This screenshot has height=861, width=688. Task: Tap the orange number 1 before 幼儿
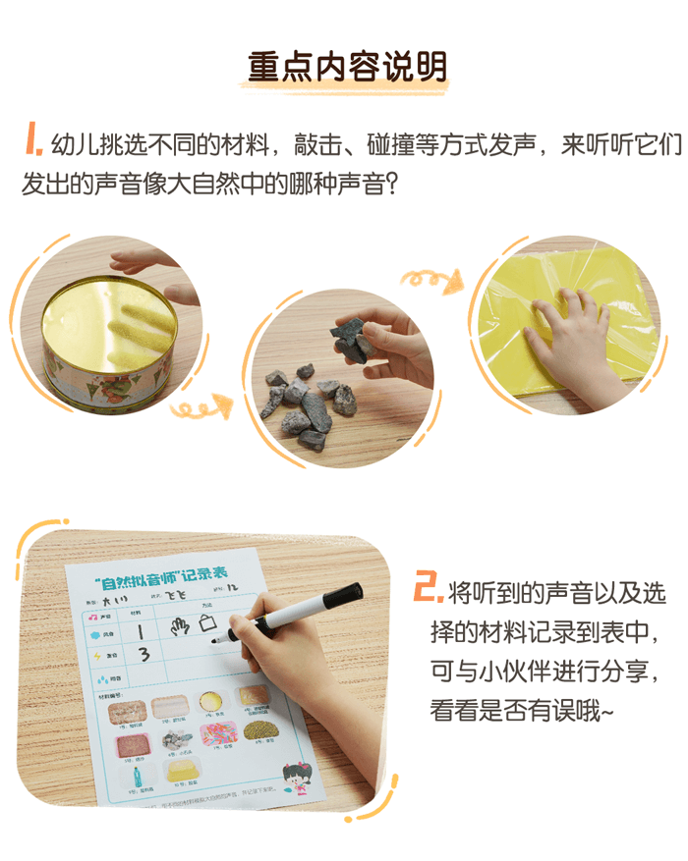point(31,140)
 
